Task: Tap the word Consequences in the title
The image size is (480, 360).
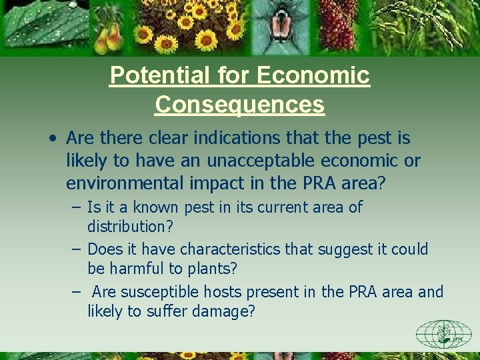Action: coord(240,105)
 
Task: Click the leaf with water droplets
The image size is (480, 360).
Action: coord(40,27)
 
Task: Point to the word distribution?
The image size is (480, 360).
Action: coord(130,227)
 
